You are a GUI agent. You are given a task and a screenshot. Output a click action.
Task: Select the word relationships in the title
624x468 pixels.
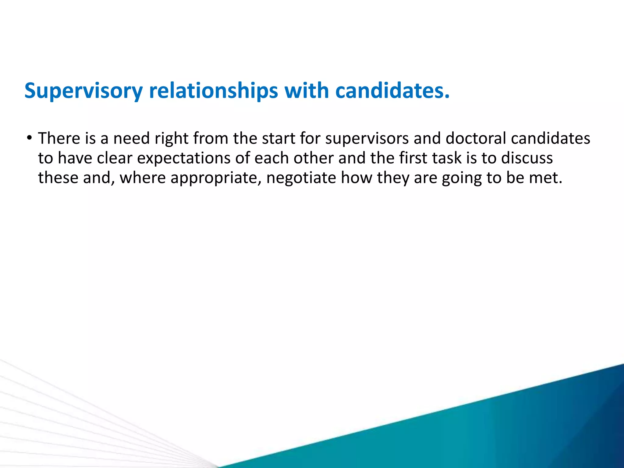coord(213,91)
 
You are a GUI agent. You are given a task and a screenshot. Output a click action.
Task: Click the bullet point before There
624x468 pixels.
coord(29,138)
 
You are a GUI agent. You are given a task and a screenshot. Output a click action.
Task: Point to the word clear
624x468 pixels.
coord(115,158)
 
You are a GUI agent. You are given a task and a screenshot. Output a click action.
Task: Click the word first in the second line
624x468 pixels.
coord(412,158)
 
